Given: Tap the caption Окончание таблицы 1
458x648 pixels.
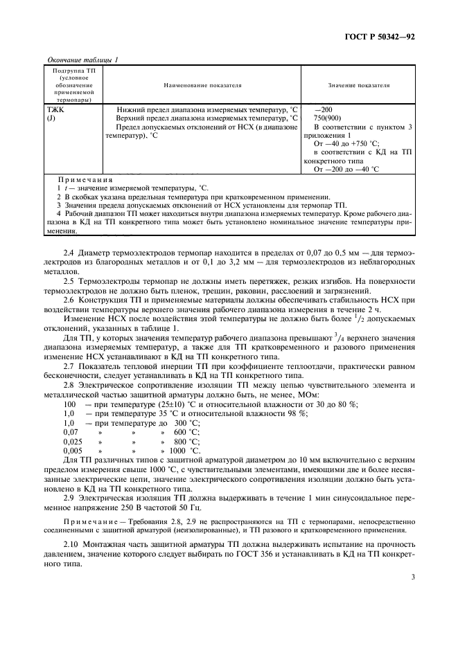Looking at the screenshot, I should (x=82, y=60).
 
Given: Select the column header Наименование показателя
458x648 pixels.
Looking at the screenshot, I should (x=202, y=85).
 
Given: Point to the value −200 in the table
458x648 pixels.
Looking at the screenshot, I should (x=323, y=110).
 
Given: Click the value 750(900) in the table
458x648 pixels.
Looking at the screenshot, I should (x=326, y=118).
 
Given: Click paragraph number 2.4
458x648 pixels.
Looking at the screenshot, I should (x=69, y=240).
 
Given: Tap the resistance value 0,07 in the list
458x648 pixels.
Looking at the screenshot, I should (x=52, y=431).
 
